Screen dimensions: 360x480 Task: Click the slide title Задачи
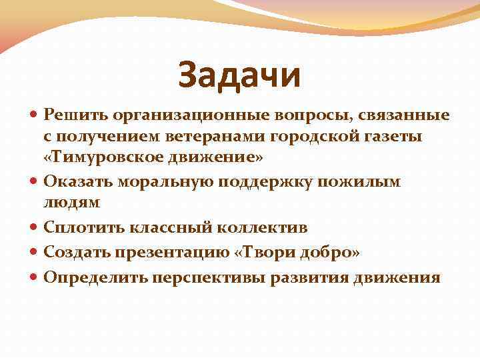click(x=239, y=75)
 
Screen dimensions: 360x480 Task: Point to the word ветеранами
click(x=213, y=137)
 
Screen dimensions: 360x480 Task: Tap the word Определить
click(x=88, y=277)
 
